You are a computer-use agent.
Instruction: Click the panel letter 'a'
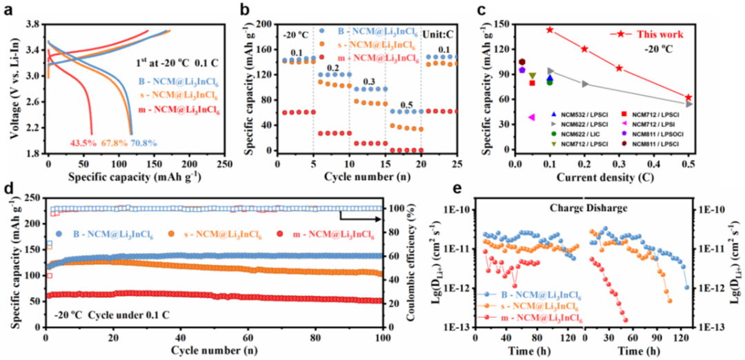(8, 10)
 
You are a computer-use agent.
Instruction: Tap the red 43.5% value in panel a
(83, 143)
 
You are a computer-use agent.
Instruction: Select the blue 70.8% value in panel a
(144, 143)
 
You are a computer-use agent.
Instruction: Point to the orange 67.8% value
(114, 143)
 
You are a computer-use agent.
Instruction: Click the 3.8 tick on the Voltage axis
(32, 24)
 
